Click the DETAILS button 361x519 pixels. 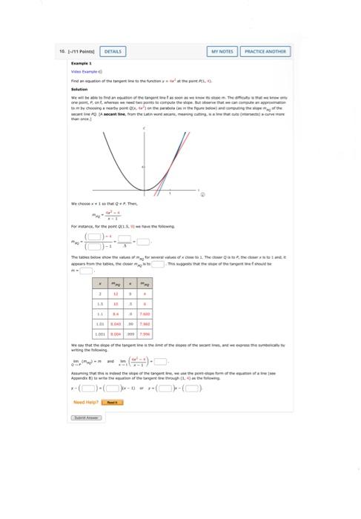[x=113, y=51]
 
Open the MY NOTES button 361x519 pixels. [x=222, y=51]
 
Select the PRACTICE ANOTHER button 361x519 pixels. [x=265, y=51]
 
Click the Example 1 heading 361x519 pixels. [x=79, y=65]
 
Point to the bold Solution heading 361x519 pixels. [x=79, y=89]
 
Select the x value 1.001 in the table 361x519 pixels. [x=99, y=334]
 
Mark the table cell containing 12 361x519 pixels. [x=116, y=295]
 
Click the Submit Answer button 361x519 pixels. [x=85, y=417]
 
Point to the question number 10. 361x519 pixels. [x=61, y=51]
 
